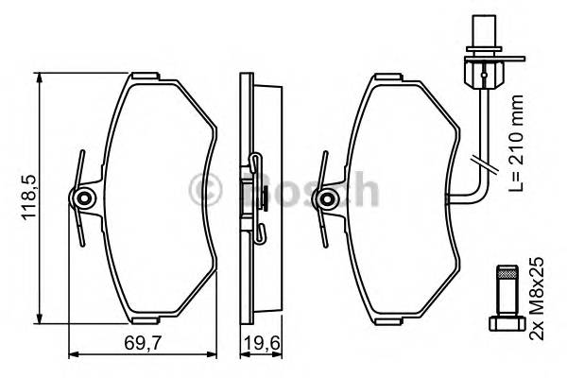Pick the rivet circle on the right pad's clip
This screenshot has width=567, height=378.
point(329,198)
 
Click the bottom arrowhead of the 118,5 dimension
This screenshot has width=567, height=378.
point(40,318)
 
